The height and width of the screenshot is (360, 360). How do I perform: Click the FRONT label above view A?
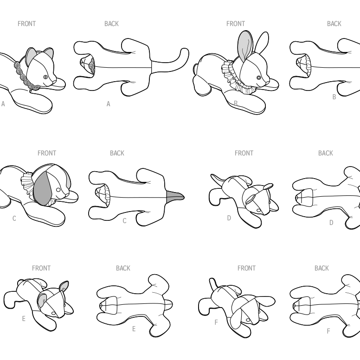point(26,24)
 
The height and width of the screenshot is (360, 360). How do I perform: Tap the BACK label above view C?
point(117,153)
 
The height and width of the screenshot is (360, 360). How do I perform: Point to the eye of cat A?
point(45,77)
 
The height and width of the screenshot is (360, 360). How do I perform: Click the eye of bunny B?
point(259,78)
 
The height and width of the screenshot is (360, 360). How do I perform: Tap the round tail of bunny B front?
point(195,69)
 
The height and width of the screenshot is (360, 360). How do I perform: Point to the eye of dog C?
point(58,190)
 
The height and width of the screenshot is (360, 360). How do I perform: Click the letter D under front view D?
point(229,218)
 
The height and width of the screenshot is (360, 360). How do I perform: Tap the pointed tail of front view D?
point(217,179)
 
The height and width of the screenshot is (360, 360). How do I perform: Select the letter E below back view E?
point(134,329)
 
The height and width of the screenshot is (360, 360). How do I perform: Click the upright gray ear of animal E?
point(64,287)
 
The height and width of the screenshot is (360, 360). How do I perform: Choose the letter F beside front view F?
point(216,322)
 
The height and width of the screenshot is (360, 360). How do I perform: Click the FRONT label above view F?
point(246,268)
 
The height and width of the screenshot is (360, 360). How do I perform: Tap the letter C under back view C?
point(124,221)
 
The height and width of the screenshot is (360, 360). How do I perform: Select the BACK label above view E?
point(123,268)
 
